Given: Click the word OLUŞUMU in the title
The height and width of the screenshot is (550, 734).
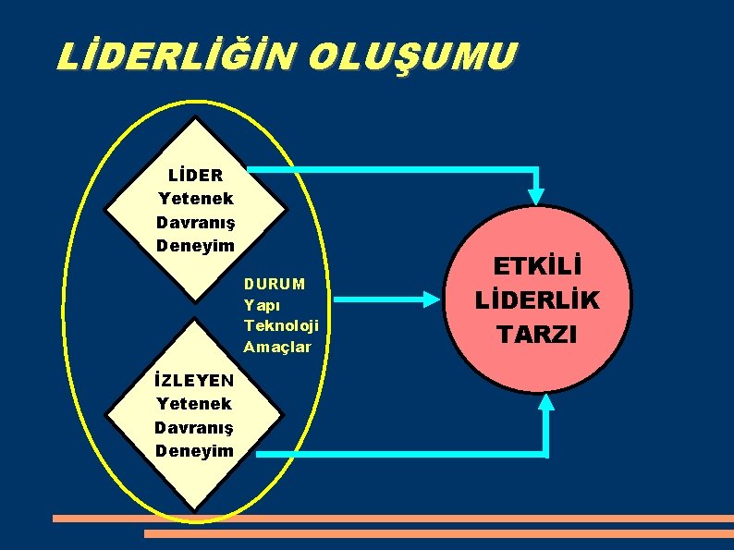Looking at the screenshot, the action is [410, 56].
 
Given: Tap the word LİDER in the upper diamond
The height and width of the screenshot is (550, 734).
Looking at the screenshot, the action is [195, 174].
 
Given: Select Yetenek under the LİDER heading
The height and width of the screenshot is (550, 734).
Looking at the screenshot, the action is [195, 198].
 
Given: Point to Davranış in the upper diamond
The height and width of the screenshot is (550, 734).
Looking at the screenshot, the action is [195, 222].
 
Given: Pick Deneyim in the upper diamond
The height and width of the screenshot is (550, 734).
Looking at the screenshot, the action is [195, 246].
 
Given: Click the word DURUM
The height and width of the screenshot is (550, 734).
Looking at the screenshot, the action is [275, 283].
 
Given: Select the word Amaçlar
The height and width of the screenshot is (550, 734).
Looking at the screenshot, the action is [277, 347].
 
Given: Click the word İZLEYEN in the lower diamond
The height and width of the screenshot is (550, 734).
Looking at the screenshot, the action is [194, 379].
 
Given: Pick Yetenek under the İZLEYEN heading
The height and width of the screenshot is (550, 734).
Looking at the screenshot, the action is [194, 403].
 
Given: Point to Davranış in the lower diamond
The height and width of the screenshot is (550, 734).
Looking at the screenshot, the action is [194, 427].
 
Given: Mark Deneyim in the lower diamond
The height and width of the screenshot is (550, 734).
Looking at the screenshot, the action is [194, 451].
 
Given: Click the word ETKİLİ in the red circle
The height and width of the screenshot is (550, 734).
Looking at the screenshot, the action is [537, 268].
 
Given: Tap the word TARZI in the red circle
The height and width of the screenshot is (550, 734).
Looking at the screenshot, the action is [537, 334].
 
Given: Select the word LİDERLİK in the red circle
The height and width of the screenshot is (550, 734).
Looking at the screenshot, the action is [537, 300].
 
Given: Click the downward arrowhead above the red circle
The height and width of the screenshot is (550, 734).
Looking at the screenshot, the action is [536, 194].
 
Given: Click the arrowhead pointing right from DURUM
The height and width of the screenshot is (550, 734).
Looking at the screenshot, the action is [431, 299].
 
